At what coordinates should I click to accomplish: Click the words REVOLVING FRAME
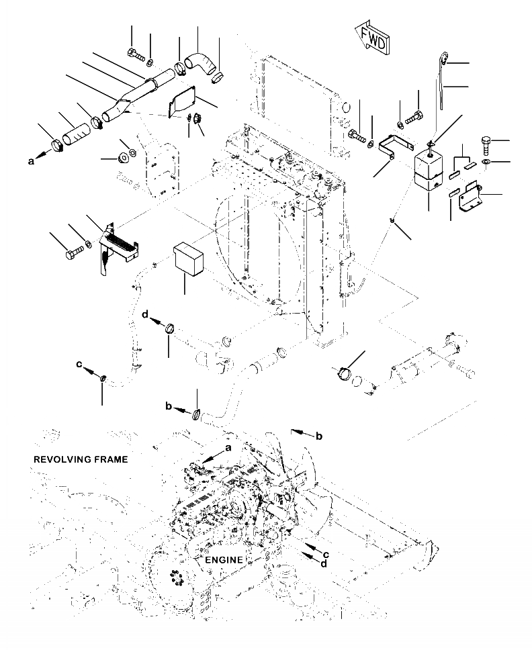tap(80, 459)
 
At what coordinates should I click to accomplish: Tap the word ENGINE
tap(224, 559)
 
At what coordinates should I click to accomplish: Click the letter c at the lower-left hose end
tap(79, 365)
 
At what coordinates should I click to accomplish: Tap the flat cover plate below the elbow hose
tap(183, 101)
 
